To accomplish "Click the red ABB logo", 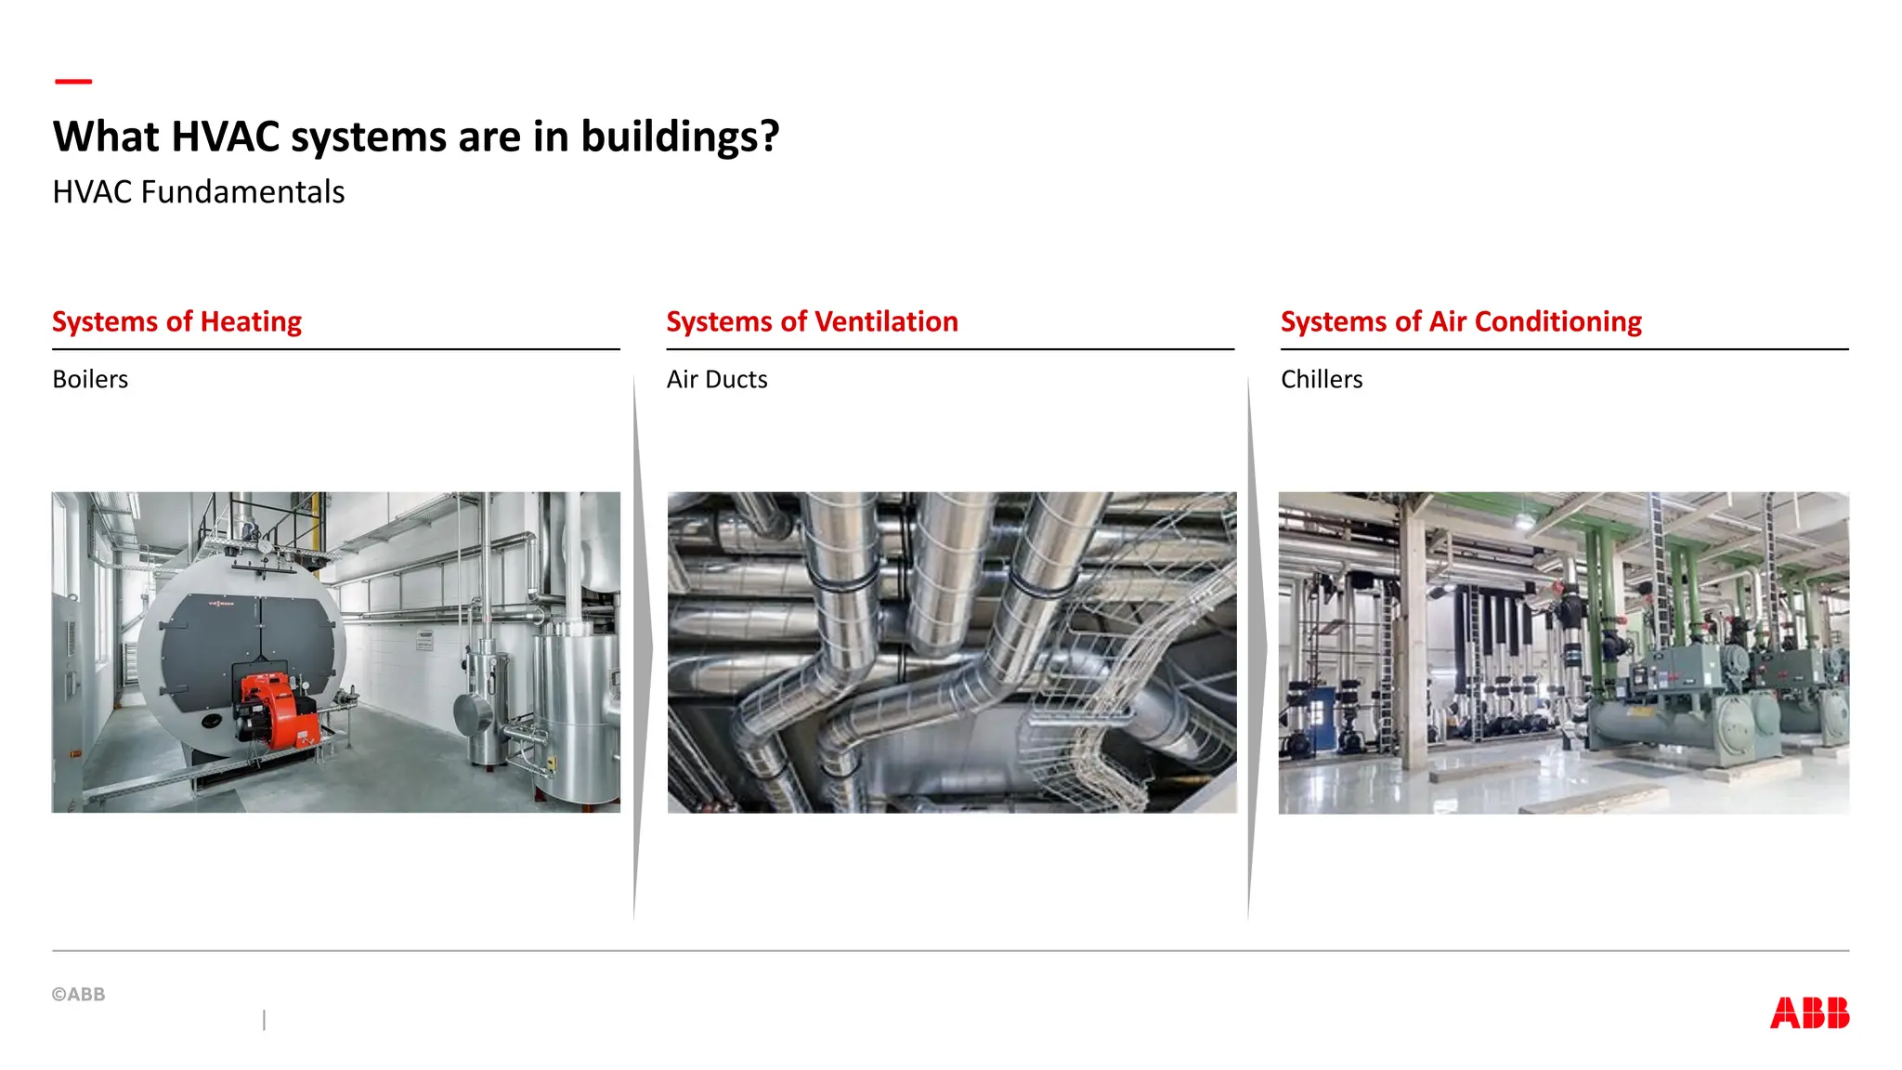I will click(1809, 1012).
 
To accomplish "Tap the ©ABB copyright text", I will click(79, 994).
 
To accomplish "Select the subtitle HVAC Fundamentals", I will click(199, 192).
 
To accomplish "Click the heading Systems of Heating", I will click(177, 321).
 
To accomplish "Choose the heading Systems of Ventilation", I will click(812, 321).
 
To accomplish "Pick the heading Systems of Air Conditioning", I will click(1461, 321).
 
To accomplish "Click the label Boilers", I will click(90, 379).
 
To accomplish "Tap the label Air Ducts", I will click(717, 379).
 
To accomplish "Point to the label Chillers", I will click(1322, 379).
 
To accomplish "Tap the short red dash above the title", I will click(73, 82).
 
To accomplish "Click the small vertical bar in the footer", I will click(265, 1020).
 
